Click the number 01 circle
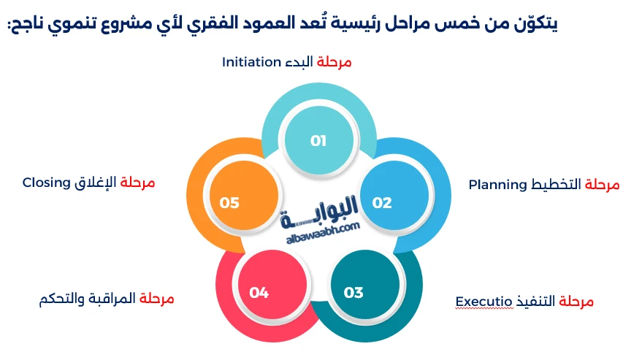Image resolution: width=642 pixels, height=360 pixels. (x=318, y=140)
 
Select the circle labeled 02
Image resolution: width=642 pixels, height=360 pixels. (x=382, y=202)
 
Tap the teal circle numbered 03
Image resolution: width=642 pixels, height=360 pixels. (x=354, y=292)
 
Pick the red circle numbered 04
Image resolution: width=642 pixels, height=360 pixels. (x=259, y=292)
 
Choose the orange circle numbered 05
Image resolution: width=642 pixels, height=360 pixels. (x=229, y=202)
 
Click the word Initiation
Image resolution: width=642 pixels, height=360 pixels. (x=251, y=62)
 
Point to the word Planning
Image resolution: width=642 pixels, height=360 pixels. (x=497, y=184)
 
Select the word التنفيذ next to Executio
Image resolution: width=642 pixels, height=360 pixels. (x=534, y=301)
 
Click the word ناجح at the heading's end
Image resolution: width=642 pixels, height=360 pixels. (x=26, y=23)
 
